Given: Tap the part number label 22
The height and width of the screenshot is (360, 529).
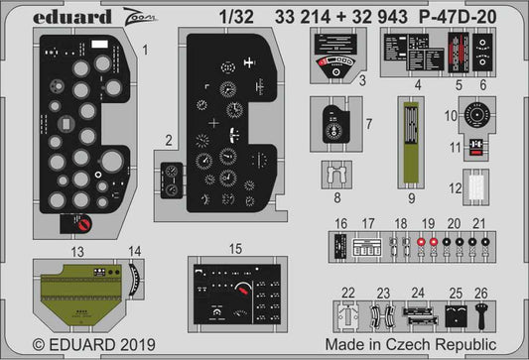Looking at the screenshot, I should (347, 293).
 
